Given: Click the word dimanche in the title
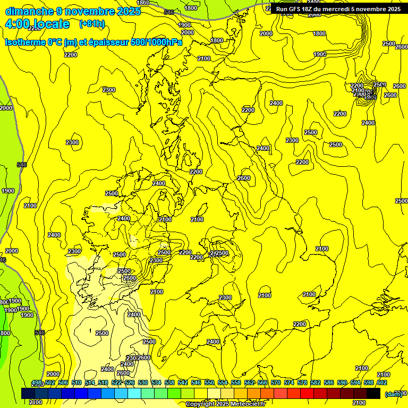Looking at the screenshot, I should point(29,11).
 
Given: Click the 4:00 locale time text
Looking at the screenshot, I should point(37,24).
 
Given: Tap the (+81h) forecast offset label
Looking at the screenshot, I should point(92,24).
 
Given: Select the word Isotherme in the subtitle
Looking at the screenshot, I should point(25,42).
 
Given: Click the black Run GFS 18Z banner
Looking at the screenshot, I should point(338,9).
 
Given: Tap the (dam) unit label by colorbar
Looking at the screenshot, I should point(393,394).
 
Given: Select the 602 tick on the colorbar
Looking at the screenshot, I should point(381,382).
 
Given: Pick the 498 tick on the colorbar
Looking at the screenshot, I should point(37,382).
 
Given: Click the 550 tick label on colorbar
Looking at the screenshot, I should point(209,382).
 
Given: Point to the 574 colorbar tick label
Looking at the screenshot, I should point(289,382).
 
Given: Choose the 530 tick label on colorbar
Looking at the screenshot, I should point(143,382).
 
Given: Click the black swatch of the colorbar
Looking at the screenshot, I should point(373,393).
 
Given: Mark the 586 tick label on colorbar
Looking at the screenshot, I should point(329,382).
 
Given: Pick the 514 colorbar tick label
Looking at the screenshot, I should point(90,382).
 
